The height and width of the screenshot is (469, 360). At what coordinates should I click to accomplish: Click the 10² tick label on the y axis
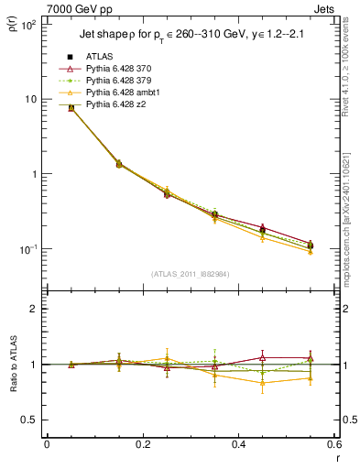click(x=27, y=25)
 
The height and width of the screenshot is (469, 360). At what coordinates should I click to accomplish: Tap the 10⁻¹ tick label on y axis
click(x=27, y=249)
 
